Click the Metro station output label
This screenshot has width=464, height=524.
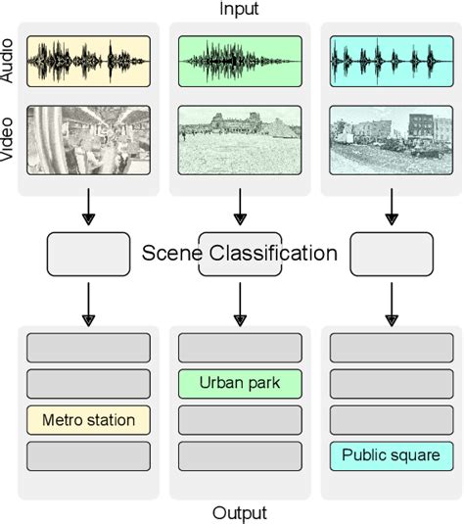[88, 420]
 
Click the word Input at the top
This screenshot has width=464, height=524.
[239, 10]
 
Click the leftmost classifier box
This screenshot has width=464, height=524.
[88, 254]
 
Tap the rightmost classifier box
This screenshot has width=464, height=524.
[391, 254]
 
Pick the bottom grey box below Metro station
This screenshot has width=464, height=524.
[88, 455]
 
